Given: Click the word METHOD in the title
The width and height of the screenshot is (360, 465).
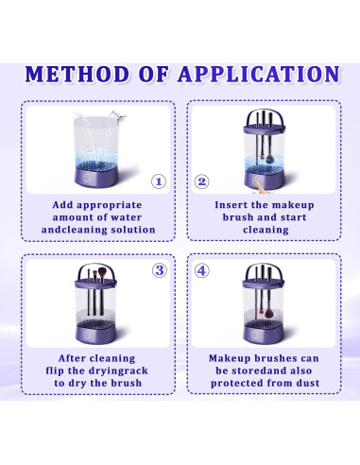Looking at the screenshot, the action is pyautogui.click(x=77, y=75).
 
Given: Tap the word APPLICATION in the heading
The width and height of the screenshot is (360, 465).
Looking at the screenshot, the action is pyautogui.click(x=259, y=75).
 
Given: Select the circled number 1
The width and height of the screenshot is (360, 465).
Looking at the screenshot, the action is pyautogui.click(x=159, y=181).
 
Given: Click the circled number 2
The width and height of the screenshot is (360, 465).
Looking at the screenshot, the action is pyautogui.click(x=201, y=181).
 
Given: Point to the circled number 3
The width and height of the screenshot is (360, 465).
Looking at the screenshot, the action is pyautogui.click(x=160, y=270).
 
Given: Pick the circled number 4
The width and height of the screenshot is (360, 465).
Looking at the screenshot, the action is pyautogui.click(x=201, y=270).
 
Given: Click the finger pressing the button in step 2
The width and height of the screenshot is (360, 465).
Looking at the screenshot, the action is pyautogui.click(x=260, y=187).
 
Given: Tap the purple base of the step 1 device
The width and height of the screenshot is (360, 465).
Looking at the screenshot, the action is pyautogui.click(x=96, y=178).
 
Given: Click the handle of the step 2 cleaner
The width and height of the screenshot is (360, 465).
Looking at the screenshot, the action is pyautogui.click(x=265, y=117).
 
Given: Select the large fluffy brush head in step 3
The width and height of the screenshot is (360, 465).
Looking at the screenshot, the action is pyautogui.click(x=102, y=272).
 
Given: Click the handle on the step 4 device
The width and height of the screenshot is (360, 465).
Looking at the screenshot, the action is pyautogui.click(x=264, y=270).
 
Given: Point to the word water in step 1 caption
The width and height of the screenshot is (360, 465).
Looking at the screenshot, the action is pyautogui.click(x=128, y=217).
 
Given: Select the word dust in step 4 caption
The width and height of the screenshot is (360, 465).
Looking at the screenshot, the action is pyautogui.click(x=308, y=383).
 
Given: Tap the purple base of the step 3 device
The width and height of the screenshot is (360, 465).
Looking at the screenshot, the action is pyautogui.click(x=95, y=334).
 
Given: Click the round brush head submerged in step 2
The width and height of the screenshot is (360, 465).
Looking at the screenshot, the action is pyautogui.click(x=270, y=159).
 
